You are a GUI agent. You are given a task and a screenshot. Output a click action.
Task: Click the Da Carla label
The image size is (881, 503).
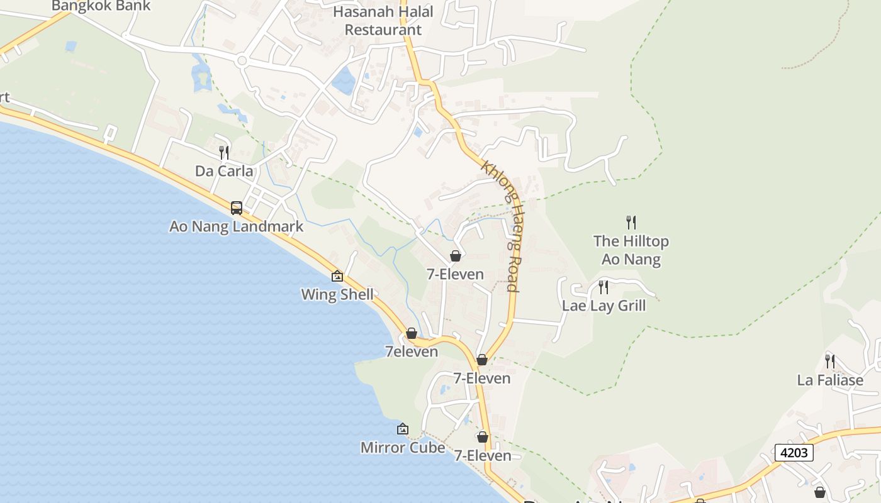point(224,171)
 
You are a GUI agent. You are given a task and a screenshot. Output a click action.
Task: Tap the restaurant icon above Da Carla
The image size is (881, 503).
point(223,152)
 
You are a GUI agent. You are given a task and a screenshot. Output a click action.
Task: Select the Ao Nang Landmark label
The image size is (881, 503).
point(237,226)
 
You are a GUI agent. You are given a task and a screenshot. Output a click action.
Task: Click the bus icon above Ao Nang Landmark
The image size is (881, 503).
point(237,208)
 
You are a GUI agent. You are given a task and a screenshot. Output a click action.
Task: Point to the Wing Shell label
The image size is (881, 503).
point(337,294)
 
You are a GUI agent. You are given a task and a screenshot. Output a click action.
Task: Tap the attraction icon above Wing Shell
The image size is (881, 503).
point(337,276)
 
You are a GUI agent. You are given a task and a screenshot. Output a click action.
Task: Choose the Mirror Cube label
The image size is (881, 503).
point(403,448)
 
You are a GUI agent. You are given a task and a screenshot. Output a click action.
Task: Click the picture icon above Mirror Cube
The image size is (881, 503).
point(403,429)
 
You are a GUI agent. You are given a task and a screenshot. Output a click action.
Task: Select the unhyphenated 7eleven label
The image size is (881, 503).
point(412,351)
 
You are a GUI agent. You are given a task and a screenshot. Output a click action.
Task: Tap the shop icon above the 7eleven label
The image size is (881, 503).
point(412,333)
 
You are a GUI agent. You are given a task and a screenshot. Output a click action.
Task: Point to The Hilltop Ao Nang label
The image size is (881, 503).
point(631,250)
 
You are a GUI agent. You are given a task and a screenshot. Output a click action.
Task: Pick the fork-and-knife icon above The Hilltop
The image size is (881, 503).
point(631,222)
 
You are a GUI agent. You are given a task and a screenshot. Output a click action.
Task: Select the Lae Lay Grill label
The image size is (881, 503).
point(603,306)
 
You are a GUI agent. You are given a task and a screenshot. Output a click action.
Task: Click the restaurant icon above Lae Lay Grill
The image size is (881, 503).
point(603,287)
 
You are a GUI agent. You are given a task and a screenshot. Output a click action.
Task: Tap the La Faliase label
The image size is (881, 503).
point(830,380)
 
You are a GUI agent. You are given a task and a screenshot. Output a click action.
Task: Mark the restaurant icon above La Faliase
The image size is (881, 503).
point(830,362)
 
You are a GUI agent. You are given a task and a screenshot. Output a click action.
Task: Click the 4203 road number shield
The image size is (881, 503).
point(794,453)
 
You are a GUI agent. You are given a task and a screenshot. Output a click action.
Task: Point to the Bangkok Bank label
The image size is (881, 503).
point(101,6)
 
